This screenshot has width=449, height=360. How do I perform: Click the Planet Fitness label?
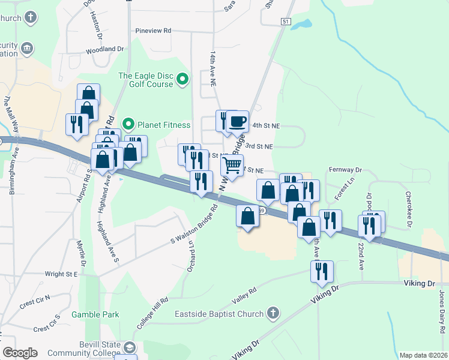(x=164, y=125)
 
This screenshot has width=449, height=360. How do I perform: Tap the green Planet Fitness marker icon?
(x=128, y=125)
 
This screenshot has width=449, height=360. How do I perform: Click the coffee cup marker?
(x=237, y=122)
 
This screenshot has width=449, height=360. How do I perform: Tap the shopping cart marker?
(x=232, y=165)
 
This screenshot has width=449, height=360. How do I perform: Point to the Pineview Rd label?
(x=153, y=30)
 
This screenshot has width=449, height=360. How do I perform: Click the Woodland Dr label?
(x=104, y=49)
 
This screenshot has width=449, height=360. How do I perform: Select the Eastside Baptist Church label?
(x=219, y=314)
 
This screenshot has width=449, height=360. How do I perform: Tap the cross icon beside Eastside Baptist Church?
(x=273, y=313)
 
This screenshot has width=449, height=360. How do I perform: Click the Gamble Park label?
(x=95, y=314)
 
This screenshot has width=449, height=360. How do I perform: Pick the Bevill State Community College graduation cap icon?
(x=130, y=347)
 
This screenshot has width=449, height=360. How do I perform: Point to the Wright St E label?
(x=61, y=274)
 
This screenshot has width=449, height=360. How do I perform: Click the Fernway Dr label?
(x=346, y=170)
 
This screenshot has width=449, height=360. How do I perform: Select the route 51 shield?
(x=286, y=21)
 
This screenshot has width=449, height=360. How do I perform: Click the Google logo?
(x=20, y=353)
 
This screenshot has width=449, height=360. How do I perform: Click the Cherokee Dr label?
(x=408, y=209)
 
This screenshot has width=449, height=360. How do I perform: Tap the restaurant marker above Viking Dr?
(x=322, y=272)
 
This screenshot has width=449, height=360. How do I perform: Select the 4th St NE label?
(x=267, y=126)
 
